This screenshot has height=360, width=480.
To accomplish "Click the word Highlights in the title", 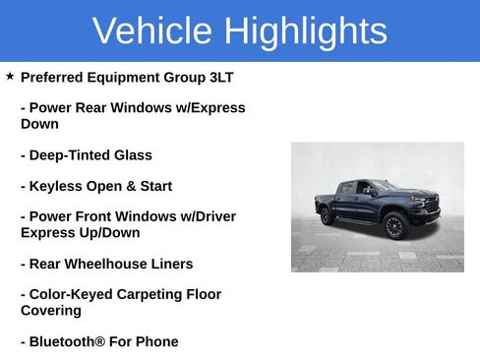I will [x=305, y=31].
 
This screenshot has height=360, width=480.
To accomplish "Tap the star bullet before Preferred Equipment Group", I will [x=9, y=76].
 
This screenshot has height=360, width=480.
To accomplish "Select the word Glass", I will [x=132, y=155].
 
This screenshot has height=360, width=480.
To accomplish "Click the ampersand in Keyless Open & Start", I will [x=127, y=186].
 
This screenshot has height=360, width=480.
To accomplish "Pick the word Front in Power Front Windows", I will [x=103, y=216].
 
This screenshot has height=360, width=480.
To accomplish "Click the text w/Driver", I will [x=207, y=216].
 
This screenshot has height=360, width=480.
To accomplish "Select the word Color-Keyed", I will [x=70, y=294].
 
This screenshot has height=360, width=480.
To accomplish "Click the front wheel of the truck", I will [x=394, y=226].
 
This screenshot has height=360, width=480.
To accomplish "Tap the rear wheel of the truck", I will [x=327, y=216].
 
